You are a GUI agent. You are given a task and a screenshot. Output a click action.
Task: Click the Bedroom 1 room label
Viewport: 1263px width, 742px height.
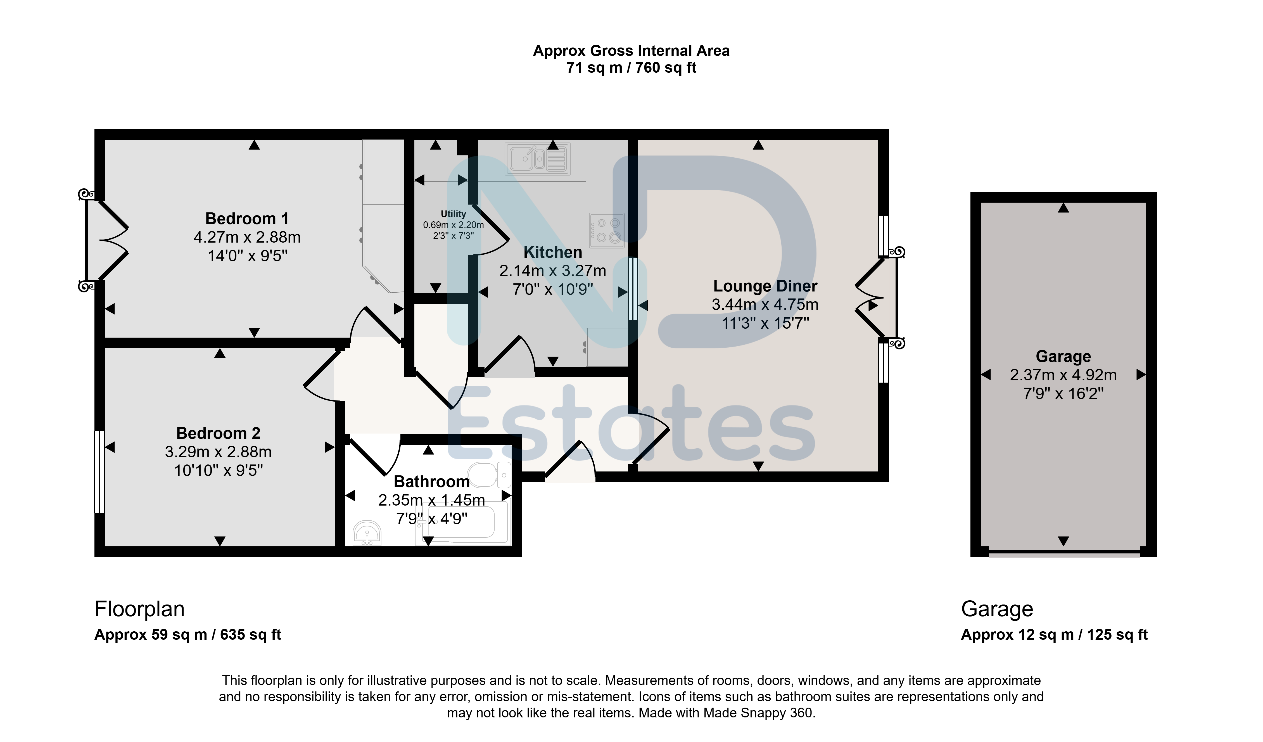click(247, 219)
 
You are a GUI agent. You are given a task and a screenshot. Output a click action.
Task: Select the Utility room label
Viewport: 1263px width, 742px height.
click(453, 214)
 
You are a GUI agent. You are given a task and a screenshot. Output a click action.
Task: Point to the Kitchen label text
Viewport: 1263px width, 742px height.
click(553, 252)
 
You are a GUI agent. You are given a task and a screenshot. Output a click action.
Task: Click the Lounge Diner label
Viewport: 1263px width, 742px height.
click(765, 286)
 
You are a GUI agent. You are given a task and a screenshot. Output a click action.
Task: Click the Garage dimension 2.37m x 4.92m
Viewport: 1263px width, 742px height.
click(1063, 375)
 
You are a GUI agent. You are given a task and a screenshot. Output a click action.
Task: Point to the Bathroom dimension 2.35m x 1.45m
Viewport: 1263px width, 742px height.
click(431, 500)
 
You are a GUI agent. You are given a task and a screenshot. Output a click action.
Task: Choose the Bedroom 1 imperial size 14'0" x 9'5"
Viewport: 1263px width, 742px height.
click(248, 256)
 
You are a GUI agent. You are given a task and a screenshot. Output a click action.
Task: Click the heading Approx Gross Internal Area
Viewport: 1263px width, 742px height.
click(631, 51)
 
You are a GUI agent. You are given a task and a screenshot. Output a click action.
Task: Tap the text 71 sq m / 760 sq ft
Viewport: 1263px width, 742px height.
click(631, 68)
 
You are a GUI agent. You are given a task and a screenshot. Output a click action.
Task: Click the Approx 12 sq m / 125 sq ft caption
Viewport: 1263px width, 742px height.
click(1054, 635)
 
